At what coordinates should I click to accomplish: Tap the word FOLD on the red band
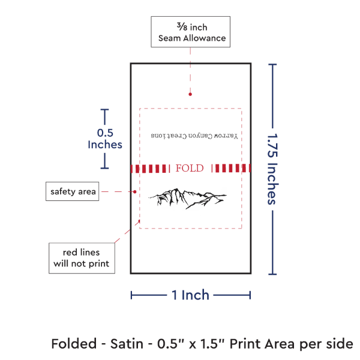(x=190, y=169)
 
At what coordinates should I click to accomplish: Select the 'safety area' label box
(x=71, y=191)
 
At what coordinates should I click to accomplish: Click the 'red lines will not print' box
(x=82, y=257)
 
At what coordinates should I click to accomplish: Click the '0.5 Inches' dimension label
(x=105, y=139)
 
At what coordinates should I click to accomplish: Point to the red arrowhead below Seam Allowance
(x=190, y=94)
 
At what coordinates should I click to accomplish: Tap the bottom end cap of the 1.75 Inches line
(x=274, y=274)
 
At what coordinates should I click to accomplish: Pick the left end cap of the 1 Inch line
(x=131, y=295)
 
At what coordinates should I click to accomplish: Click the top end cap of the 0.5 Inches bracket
(x=105, y=110)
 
